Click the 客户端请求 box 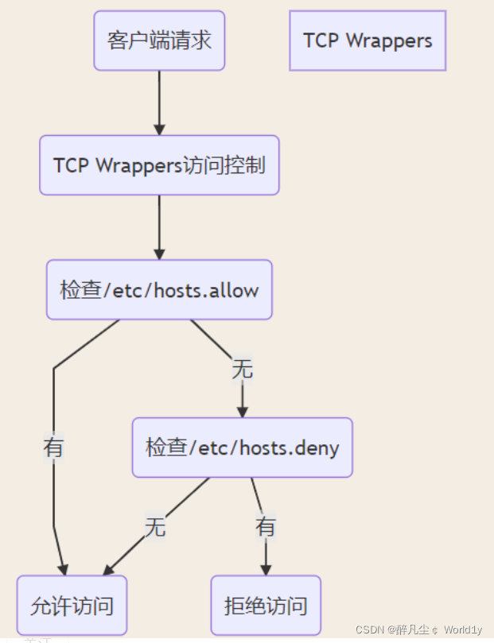(159, 41)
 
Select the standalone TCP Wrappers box (368, 41)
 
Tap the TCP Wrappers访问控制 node (159, 165)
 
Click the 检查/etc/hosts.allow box (159, 290)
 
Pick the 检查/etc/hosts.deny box (242, 447)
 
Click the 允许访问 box (72, 606)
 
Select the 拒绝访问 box (266, 606)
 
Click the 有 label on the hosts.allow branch (53, 447)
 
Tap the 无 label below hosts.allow (242, 369)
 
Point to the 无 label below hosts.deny (155, 526)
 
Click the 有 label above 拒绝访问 (266, 526)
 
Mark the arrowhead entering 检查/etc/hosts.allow (159, 254)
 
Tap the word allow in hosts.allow (236, 290)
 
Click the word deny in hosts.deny (317, 447)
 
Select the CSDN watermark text (370, 629)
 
